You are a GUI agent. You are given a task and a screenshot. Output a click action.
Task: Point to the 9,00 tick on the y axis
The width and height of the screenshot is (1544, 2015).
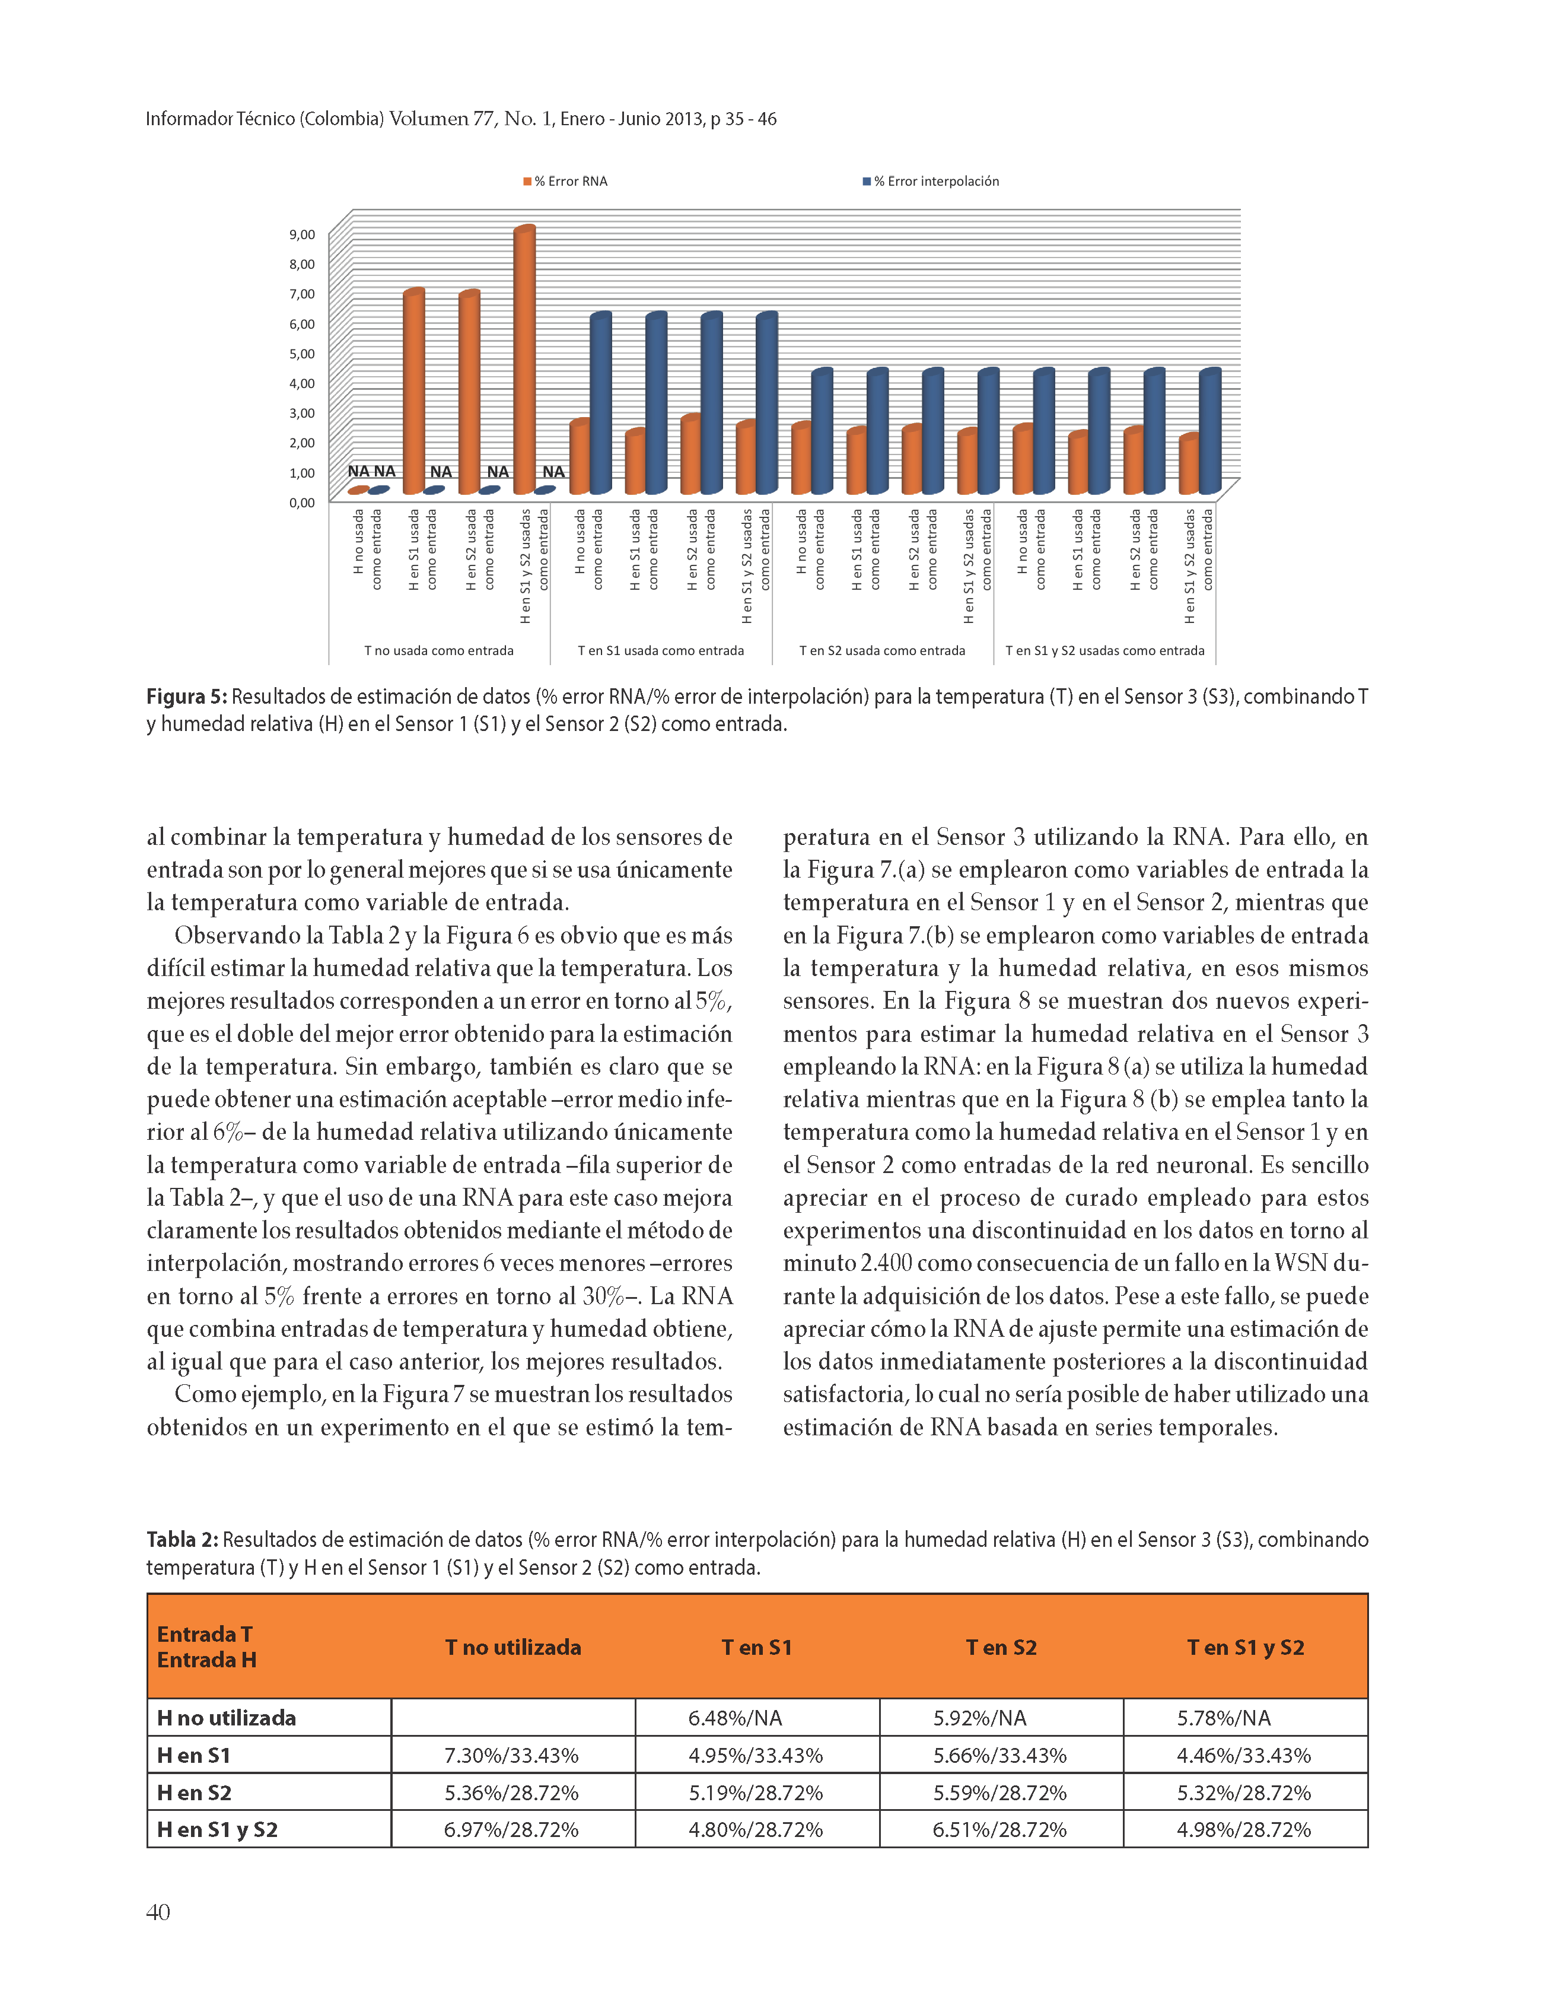303,234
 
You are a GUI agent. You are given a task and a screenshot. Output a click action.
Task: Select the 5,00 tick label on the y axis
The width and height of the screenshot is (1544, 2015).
303,354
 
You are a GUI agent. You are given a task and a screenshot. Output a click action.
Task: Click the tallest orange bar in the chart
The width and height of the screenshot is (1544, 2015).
524,358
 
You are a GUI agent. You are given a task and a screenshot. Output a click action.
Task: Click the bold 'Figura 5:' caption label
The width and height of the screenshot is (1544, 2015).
187,697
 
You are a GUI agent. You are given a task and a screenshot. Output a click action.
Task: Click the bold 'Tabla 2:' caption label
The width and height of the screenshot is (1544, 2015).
182,1540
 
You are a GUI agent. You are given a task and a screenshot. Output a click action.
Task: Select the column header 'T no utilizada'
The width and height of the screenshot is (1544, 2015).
513,1647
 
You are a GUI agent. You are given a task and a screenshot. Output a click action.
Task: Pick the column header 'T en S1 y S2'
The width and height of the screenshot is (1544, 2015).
1245,1647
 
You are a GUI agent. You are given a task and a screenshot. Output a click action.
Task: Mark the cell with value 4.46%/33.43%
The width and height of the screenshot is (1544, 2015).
1243,1756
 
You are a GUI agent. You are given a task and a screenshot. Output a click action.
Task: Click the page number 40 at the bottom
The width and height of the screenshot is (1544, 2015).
158,1912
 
